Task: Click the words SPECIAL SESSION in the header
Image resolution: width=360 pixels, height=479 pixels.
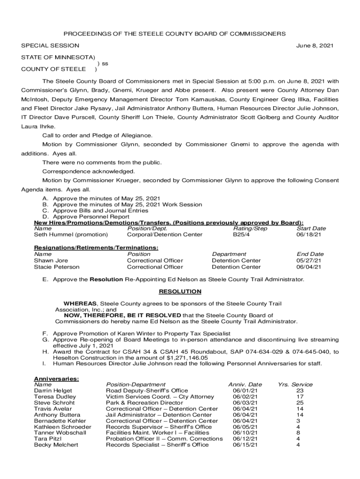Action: [50, 46]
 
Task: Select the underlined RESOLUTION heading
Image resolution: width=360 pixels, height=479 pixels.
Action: [180, 291]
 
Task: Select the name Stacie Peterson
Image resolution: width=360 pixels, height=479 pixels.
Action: [57, 267]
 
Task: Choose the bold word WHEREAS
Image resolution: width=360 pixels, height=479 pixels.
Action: [80, 304]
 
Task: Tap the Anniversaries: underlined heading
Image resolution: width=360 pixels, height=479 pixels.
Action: [57, 378]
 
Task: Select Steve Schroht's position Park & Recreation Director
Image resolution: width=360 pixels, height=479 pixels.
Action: [144, 403]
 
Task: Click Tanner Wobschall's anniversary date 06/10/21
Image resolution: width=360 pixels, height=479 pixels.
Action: [245, 433]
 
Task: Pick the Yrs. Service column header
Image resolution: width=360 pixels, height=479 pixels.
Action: [295, 385]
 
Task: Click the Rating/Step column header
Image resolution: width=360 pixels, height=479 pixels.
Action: [250, 228]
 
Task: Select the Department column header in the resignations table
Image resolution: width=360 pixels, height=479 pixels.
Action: [229, 254]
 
